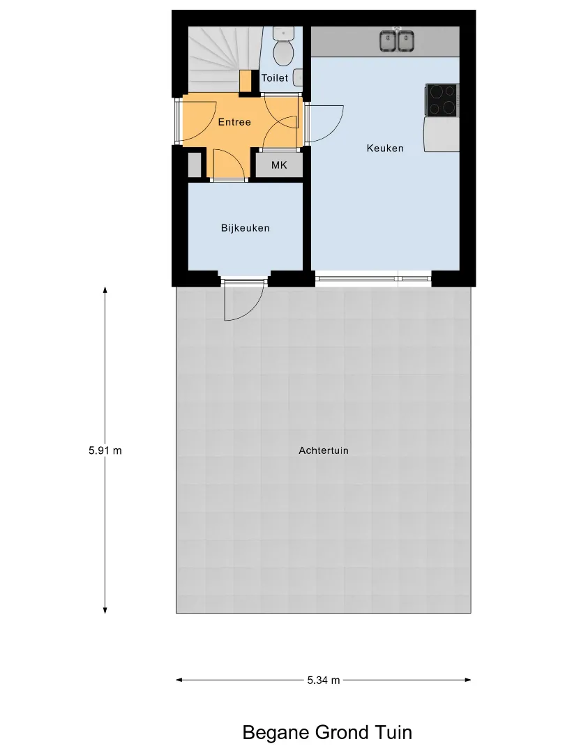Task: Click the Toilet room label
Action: click(x=274, y=78)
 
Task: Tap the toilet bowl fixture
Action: click(x=283, y=46)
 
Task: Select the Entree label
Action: click(x=234, y=122)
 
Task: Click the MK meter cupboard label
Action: click(x=279, y=165)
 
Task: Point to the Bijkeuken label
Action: click(x=245, y=228)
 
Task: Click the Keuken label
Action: click(x=385, y=149)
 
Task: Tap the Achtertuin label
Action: click(x=324, y=450)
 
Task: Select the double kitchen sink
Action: click(x=397, y=41)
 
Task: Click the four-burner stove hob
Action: click(x=442, y=100)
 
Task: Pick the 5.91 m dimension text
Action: click(x=105, y=450)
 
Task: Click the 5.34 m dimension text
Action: click(x=324, y=680)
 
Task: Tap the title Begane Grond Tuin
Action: click(x=327, y=733)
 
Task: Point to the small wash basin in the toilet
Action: click(x=298, y=77)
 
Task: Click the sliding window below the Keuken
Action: click(x=373, y=278)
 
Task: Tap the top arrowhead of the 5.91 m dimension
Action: click(x=105, y=290)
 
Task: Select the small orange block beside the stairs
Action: click(x=246, y=81)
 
